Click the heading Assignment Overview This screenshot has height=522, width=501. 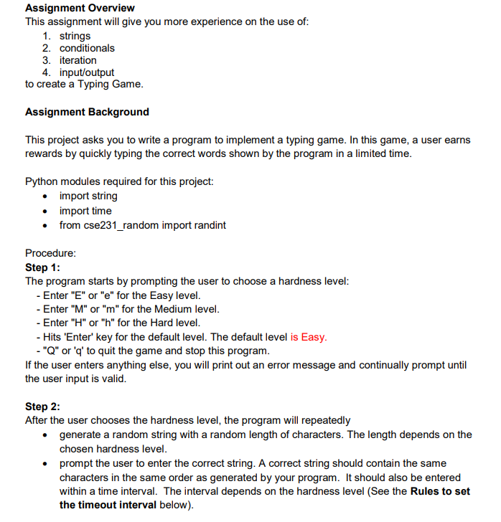pyautogui.click(x=80, y=8)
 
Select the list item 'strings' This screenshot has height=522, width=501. pyautogui.click(x=75, y=36)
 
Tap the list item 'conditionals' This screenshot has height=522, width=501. pyautogui.click(x=87, y=48)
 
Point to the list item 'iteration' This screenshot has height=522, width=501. pyautogui.click(x=78, y=60)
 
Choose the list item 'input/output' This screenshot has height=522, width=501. pyautogui.click(x=86, y=72)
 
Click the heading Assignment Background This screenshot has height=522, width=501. pyautogui.click(x=87, y=112)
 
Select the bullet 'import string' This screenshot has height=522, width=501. pyautogui.click(x=88, y=196)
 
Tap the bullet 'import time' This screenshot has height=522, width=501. pyautogui.click(x=85, y=211)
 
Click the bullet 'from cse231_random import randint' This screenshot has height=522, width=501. pyautogui.click(x=142, y=225)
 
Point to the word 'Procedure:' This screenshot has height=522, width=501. pyautogui.click(x=50, y=253)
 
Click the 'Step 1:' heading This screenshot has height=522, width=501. pyautogui.click(x=42, y=267)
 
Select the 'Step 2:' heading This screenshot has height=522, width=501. pyautogui.click(x=42, y=407)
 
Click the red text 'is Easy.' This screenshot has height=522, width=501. pyautogui.click(x=309, y=337)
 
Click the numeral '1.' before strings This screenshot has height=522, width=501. pyautogui.click(x=47, y=36)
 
